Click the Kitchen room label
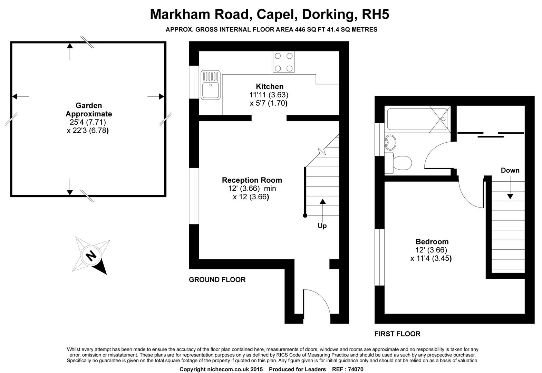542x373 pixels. click(269, 87)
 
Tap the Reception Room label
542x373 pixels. click(252, 180)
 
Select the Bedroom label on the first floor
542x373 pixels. click(432, 242)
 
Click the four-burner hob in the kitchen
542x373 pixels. click(283, 62)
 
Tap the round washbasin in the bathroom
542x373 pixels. click(390, 142)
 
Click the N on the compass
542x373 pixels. click(91, 256)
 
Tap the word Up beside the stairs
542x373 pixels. click(322, 226)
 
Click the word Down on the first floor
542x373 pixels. click(510, 170)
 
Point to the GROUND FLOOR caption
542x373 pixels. click(217, 280)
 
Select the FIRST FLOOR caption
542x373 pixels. click(397, 334)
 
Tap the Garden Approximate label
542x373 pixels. click(89, 110)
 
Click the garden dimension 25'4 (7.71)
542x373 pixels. click(86, 122)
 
